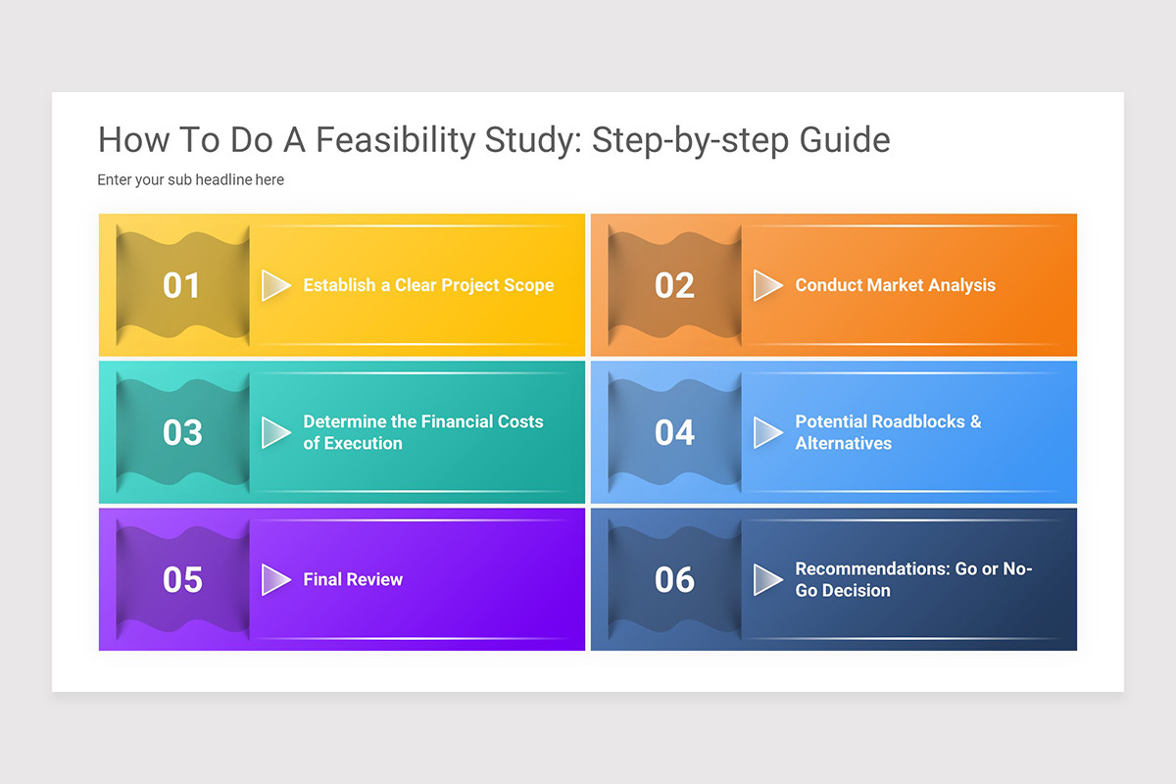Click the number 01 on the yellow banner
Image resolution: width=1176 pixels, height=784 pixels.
coord(181,285)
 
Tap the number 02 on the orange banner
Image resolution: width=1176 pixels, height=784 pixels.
coord(674,285)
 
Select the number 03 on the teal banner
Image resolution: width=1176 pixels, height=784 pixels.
coord(181,432)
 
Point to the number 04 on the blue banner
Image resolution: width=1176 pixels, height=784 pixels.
coord(674,432)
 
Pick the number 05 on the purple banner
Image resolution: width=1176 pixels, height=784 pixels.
coord(181,579)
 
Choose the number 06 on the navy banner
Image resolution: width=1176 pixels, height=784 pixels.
coord(674,579)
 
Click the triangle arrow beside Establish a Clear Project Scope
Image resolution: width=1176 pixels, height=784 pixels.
coord(275,285)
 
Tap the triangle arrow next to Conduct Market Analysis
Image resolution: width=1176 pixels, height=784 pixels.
coord(767,285)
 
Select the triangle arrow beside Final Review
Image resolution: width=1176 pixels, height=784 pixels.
coord(275,579)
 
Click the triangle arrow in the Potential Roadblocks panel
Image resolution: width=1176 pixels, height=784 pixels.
coord(767,432)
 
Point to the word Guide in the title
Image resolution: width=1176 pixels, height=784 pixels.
coord(845,140)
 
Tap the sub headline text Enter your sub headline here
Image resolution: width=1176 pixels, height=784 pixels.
coord(190,180)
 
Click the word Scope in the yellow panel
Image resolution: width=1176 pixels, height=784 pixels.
coord(528,285)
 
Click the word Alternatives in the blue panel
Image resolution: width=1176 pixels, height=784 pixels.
coord(843,443)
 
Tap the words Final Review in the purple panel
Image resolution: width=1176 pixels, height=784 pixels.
coord(353,579)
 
